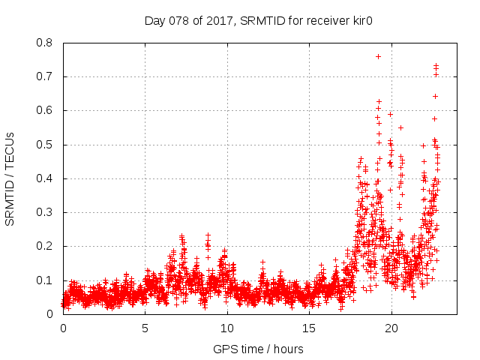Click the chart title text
pyautogui.click(x=259, y=20)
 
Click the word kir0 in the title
pyautogui.click(x=361, y=20)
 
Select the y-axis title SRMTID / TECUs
pyautogui.click(x=10, y=178)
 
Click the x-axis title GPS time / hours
pyautogui.click(x=259, y=349)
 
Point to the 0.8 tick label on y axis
pyautogui.click(x=45, y=43)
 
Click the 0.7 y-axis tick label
pyautogui.click(x=45, y=76)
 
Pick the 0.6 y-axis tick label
pyautogui.click(x=45, y=110)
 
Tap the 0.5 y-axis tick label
pyautogui.click(x=45, y=145)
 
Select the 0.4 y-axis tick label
pyautogui.click(x=45, y=178)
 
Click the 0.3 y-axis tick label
pyautogui.click(x=45, y=212)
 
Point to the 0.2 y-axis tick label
pyautogui.click(x=45, y=246)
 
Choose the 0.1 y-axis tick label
pyautogui.click(x=45, y=280)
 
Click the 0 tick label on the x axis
pyautogui.click(x=63, y=328)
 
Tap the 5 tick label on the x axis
pyautogui.click(x=145, y=328)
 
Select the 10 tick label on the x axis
pyautogui.click(x=226, y=328)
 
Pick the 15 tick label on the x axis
pyautogui.click(x=308, y=328)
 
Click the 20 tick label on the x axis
pyautogui.click(x=390, y=328)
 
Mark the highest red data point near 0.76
pyautogui.click(x=378, y=56)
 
